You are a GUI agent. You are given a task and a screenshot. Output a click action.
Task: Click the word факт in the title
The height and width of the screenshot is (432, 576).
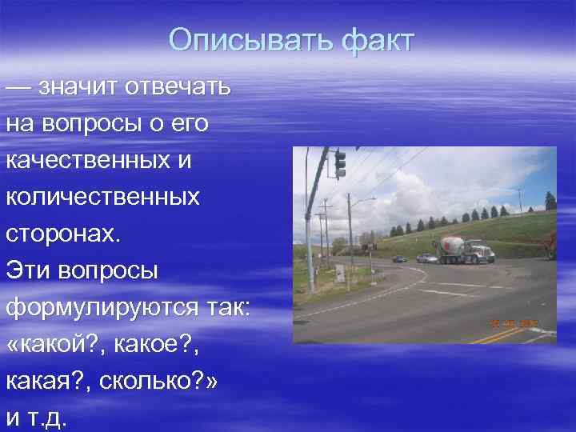tap(377, 40)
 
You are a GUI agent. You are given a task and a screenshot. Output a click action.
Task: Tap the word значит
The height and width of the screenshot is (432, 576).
tap(80, 86)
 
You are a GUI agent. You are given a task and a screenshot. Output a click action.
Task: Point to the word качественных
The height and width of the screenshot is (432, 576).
tap(89, 159)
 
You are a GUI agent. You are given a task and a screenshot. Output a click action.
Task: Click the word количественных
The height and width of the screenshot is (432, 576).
tap(102, 196)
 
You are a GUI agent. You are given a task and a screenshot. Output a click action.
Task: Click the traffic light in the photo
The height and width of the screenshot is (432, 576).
tap(340, 164)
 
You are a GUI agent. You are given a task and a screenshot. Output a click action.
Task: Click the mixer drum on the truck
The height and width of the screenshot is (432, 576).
tap(450, 245)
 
